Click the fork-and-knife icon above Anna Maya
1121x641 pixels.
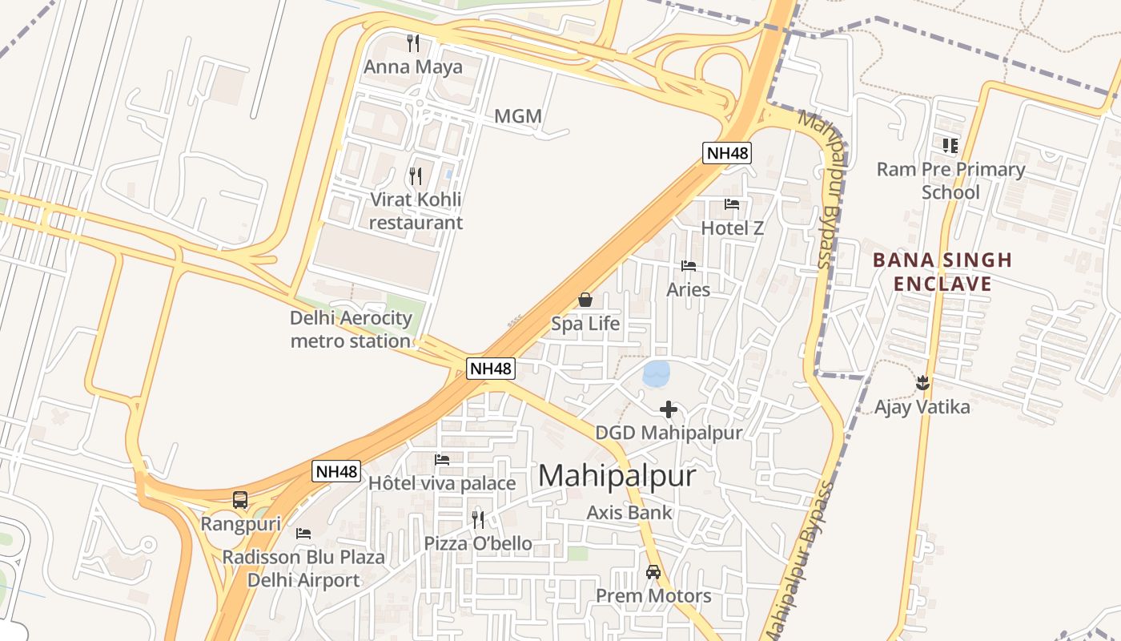(x=413, y=42)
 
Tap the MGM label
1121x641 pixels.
(x=518, y=116)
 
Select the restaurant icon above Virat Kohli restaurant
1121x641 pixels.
(x=415, y=175)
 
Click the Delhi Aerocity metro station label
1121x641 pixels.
(x=351, y=329)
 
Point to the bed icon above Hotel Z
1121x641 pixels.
(x=732, y=204)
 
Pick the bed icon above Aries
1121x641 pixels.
(x=689, y=266)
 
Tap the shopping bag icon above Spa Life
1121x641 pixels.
(x=585, y=300)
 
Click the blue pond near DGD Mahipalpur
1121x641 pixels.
(x=656, y=373)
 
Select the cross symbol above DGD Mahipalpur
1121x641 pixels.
(x=669, y=409)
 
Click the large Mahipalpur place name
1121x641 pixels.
(x=617, y=476)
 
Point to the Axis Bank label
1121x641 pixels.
(x=629, y=512)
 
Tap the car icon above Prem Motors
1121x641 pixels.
(x=653, y=572)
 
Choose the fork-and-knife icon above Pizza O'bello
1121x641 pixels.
(x=478, y=519)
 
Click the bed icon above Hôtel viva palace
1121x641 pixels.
(x=442, y=460)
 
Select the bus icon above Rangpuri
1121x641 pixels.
(x=240, y=500)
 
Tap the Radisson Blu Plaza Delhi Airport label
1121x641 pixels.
(x=303, y=568)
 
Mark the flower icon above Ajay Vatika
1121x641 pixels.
(x=922, y=382)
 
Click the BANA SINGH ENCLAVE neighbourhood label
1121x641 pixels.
(x=942, y=272)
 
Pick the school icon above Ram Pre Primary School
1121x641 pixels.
(x=950, y=146)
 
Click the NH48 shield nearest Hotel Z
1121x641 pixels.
(x=727, y=152)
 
